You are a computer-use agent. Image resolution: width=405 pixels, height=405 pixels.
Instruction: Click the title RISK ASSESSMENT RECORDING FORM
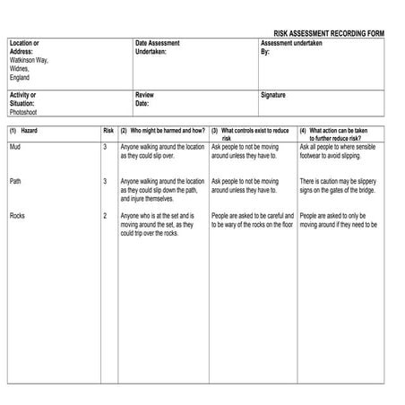click(x=328, y=32)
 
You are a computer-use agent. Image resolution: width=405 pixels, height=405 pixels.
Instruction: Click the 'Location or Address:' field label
click(x=24, y=47)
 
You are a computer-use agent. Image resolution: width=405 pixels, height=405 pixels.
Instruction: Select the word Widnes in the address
click(x=20, y=68)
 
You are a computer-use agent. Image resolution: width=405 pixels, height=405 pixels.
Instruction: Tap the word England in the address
click(x=20, y=77)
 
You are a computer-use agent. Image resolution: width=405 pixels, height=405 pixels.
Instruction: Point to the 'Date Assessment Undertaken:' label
click(x=157, y=47)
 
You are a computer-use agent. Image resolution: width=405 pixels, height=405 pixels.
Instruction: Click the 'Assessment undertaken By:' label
click(x=290, y=47)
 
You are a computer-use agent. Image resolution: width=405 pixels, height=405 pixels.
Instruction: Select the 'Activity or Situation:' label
click(x=23, y=99)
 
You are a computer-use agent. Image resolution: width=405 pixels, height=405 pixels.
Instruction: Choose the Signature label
click(x=273, y=94)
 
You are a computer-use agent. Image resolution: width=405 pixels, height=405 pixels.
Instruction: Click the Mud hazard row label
click(x=14, y=146)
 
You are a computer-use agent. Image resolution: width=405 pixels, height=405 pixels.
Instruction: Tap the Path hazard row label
click(x=15, y=181)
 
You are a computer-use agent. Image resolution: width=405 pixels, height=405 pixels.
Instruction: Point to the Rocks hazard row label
click(x=17, y=216)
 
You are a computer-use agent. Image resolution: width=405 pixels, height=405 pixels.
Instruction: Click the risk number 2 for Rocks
click(x=105, y=216)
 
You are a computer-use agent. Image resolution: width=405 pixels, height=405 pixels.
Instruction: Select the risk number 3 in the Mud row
click(x=105, y=146)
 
